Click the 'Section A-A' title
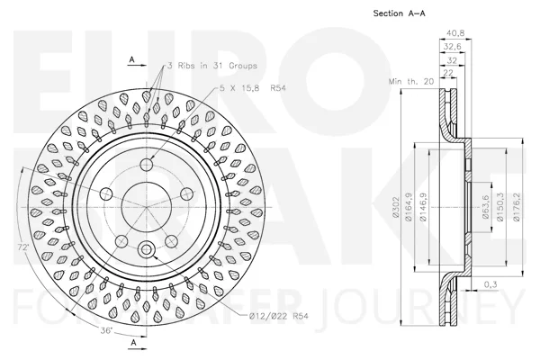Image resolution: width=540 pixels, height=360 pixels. pyautogui.click(x=399, y=13)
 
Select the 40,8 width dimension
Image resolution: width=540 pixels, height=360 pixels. pyautogui.click(x=455, y=33)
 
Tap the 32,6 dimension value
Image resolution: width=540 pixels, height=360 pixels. pyautogui.click(x=452, y=47)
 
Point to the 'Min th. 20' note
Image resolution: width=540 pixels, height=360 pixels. pyautogui.click(x=411, y=82)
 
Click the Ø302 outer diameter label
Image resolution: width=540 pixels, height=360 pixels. pyautogui.click(x=395, y=207)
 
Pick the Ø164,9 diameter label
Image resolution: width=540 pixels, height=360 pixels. pyautogui.click(x=409, y=207)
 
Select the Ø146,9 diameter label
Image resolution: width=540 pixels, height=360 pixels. pyautogui.click(x=422, y=207)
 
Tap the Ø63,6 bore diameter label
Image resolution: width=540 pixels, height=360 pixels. pyautogui.click(x=486, y=207)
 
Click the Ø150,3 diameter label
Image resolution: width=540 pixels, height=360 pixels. pyautogui.click(x=499, y=207)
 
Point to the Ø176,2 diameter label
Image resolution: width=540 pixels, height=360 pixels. pyautogui.click(x=517, y=207)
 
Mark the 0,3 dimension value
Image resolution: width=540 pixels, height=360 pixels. pyautogui.click(x=490, y=284)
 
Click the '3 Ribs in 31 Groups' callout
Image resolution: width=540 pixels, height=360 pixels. pyautogui.click(x=212, y=66)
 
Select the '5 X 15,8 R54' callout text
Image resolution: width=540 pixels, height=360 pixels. pyautogui.click(x=253, y=88)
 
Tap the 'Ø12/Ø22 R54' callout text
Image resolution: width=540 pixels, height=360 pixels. pyautogui.click(x=279, y=316)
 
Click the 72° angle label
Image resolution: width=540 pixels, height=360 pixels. pyautogui.click(x=23, y=247)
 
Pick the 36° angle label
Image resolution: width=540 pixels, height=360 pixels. pyautogui.click(x=106, y=330)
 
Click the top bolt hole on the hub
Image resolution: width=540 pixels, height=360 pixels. pyautogui.click(x=148, y=165)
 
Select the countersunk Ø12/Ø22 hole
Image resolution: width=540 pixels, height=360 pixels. pyautogui.click(x=147, y=249)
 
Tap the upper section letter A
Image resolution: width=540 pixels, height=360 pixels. pyautogui.click(x=132, y=59)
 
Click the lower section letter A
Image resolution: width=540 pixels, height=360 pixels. pyautogui.click(x=134, y=342)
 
